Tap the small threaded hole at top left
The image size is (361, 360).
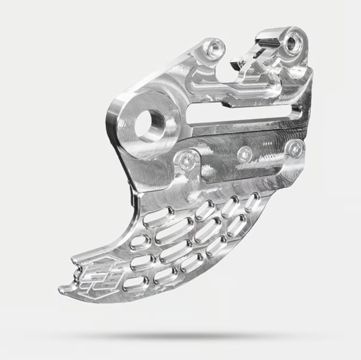[215, 47]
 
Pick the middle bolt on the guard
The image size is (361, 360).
[244, 153]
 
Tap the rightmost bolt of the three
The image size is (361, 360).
[295, 148]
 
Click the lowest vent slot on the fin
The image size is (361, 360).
[136, 283]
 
